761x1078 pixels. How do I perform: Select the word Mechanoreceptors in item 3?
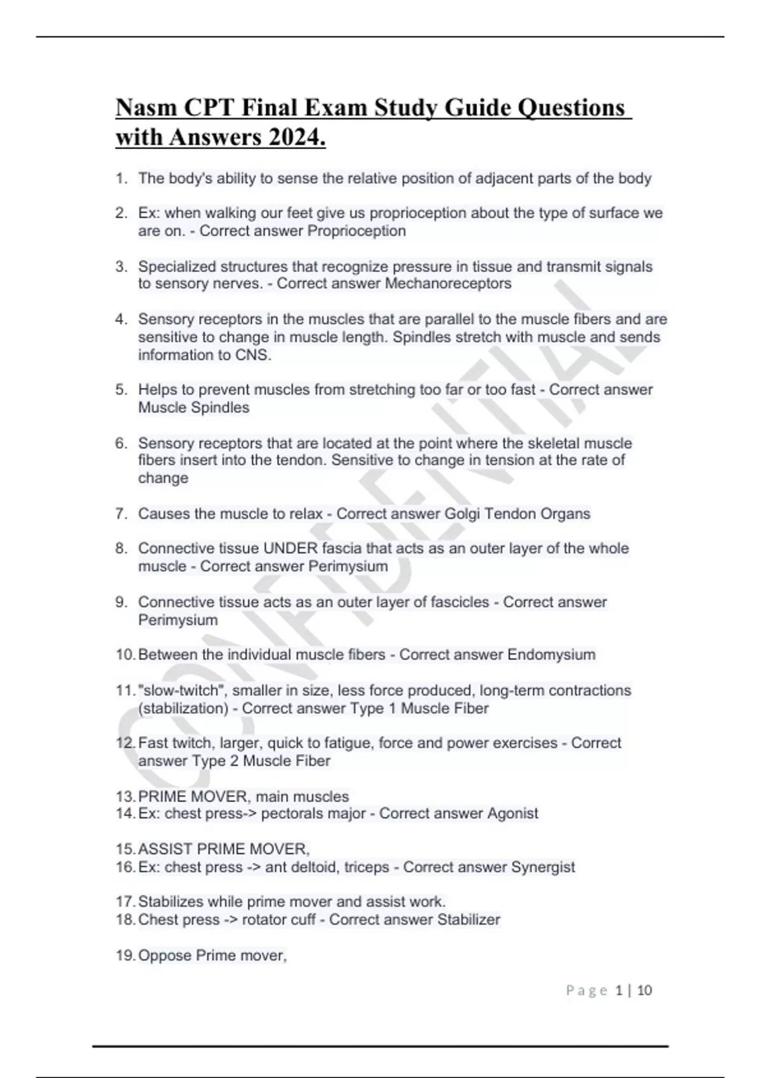tap(448, 283)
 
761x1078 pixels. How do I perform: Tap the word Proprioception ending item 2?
tap(356, 231)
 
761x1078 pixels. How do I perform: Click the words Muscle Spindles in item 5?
tap(193, 408)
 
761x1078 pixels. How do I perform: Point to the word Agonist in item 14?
tap(512, 814)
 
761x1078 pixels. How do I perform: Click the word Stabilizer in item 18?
tap(469, 919)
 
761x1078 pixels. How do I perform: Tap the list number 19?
tap(125, 956)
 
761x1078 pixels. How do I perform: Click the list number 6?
tap(121, 443)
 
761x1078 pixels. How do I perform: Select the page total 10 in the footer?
tap(644, 990)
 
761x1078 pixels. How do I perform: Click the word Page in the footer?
tap(587, 990)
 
